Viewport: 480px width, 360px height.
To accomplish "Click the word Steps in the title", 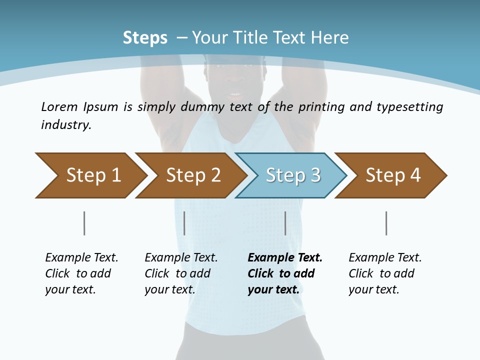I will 145,38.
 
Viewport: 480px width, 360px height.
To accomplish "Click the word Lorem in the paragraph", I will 59,107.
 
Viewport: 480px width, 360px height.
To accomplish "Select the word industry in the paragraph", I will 65,125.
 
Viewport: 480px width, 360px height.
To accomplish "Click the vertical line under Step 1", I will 84,223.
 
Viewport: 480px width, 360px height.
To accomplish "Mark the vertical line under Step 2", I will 184,223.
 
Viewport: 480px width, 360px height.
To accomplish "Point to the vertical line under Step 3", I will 285,223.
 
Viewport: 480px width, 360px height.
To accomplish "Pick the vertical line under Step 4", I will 386,223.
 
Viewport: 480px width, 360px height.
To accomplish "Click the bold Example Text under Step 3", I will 285,258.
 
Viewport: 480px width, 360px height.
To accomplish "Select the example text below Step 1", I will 81,273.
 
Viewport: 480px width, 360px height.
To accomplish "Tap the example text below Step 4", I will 385,273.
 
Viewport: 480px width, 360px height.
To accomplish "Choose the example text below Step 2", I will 181,273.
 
